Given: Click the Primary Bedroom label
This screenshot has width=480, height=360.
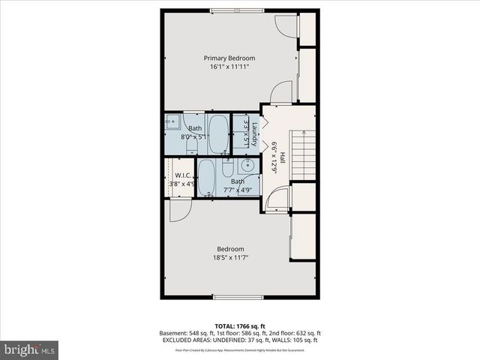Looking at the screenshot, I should point(229,58).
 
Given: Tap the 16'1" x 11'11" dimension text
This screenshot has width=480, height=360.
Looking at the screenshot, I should point(229,67).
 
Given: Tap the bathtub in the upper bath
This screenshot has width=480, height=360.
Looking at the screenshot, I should point(218,133).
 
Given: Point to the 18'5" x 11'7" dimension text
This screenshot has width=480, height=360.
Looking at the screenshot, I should point(230,258).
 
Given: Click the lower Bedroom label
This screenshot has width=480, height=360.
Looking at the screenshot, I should point(230,249).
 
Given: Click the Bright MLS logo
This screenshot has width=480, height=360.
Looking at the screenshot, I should point(30,349).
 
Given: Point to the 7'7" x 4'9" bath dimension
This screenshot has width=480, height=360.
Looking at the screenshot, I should point(237,190).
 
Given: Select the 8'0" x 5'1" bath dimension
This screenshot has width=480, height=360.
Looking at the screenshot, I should point(194,137).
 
